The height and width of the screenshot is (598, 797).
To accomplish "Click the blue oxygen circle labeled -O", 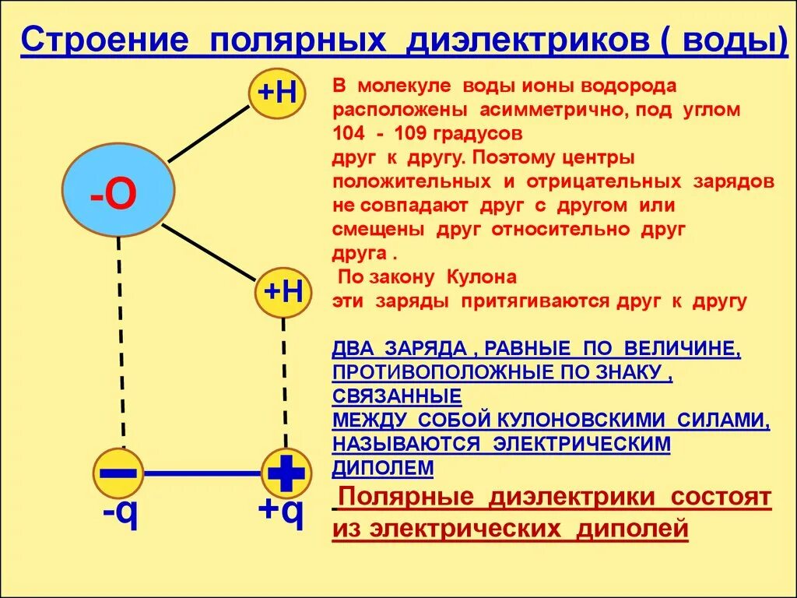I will (118, 192).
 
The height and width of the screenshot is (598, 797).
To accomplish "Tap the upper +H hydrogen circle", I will (278, 94).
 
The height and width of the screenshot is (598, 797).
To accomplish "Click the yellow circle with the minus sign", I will (118, 473).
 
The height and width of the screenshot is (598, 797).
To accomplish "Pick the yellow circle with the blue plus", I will (286, 473).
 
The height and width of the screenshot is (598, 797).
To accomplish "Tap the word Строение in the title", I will (104, 40).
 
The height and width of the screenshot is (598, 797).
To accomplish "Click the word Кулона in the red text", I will (482, 277).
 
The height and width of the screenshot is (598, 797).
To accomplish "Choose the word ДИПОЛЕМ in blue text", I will (383, 467).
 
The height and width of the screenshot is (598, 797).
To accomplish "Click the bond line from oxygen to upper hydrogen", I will (208, 133).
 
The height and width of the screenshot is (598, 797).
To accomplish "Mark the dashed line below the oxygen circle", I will (121, 343).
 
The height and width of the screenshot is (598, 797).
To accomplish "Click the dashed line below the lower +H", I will (285, 382).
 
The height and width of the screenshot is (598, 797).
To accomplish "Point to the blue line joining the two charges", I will (202, 473).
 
